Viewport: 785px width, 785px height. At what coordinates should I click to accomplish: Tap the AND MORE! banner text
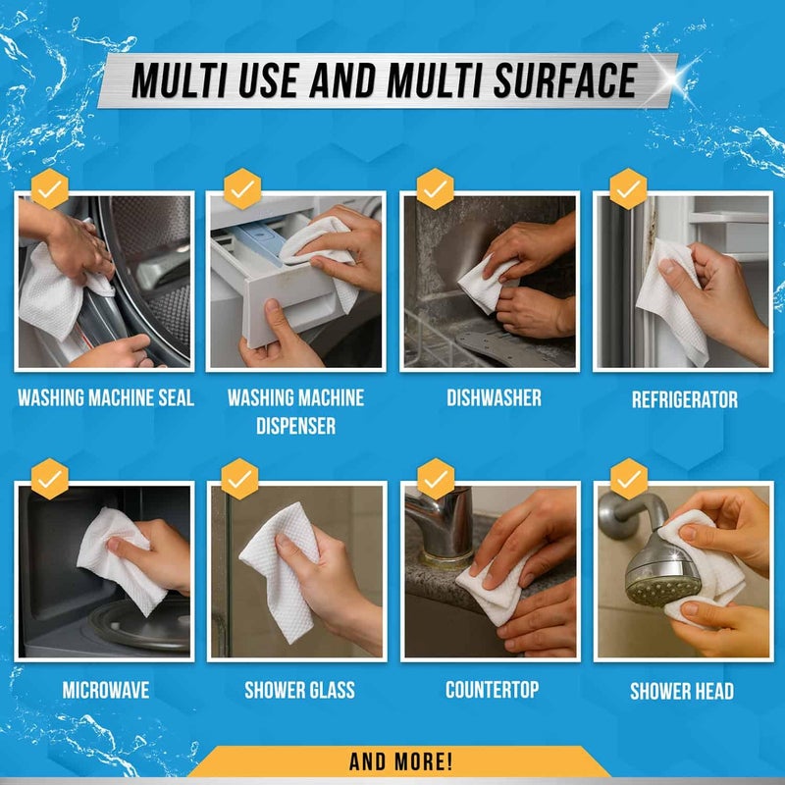coord(400,760)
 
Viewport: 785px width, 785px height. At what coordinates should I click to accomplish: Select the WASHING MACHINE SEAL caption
coord(106,398)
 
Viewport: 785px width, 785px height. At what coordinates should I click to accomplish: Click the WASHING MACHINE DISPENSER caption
coord(295,411)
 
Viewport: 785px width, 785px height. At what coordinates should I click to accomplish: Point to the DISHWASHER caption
coord(494,398)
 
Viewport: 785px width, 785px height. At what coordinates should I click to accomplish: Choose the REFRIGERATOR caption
coord(684,399)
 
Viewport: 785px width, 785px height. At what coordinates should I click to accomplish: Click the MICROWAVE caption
coord(106,690)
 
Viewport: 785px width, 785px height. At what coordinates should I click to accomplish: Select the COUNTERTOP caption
coord(492,690)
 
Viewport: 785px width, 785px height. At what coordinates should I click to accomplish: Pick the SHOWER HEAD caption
coord(682,691)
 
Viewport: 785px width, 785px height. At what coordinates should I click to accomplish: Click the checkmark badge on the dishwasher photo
coord(435,187)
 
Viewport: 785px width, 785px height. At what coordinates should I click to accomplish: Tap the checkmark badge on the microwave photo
coord(49,480)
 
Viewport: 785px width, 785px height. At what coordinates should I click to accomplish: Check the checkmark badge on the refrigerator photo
coord(628,187)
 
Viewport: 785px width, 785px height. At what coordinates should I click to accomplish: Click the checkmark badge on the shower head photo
coord(628,479)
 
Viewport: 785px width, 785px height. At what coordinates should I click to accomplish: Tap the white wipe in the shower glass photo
coord(283,569)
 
